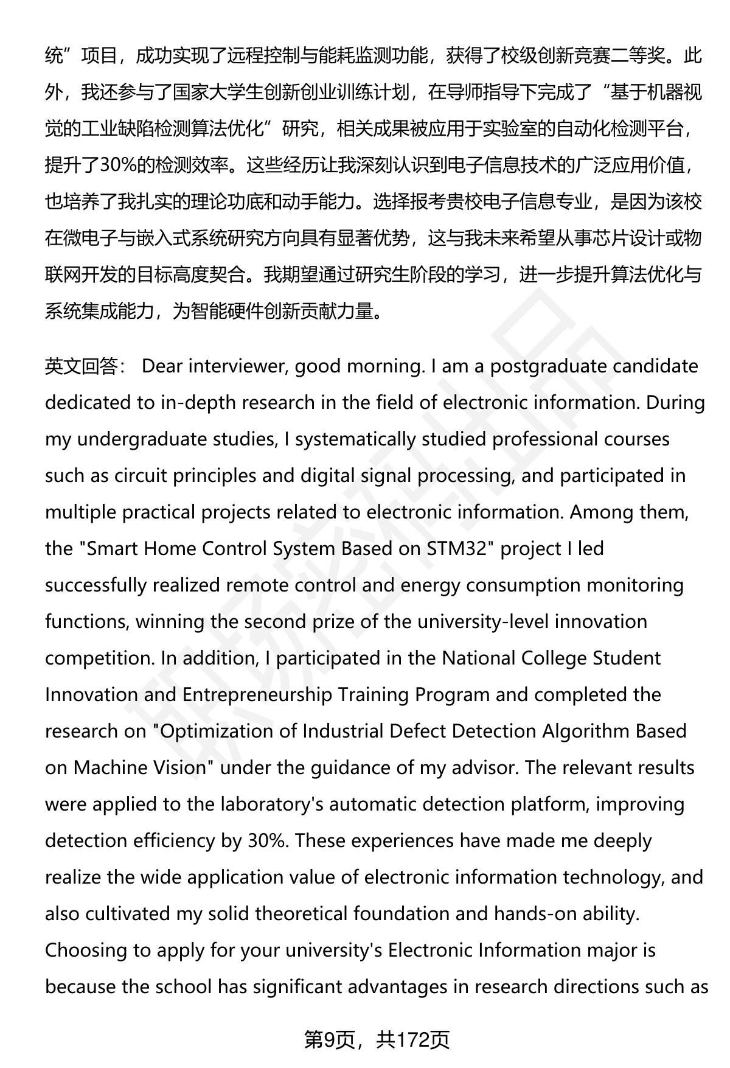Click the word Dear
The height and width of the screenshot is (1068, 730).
pos(162,366)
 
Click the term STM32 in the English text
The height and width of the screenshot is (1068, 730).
pos(457,549)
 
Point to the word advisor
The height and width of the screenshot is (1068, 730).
pos(481,768)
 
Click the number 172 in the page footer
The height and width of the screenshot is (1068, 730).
pos(414,1040)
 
